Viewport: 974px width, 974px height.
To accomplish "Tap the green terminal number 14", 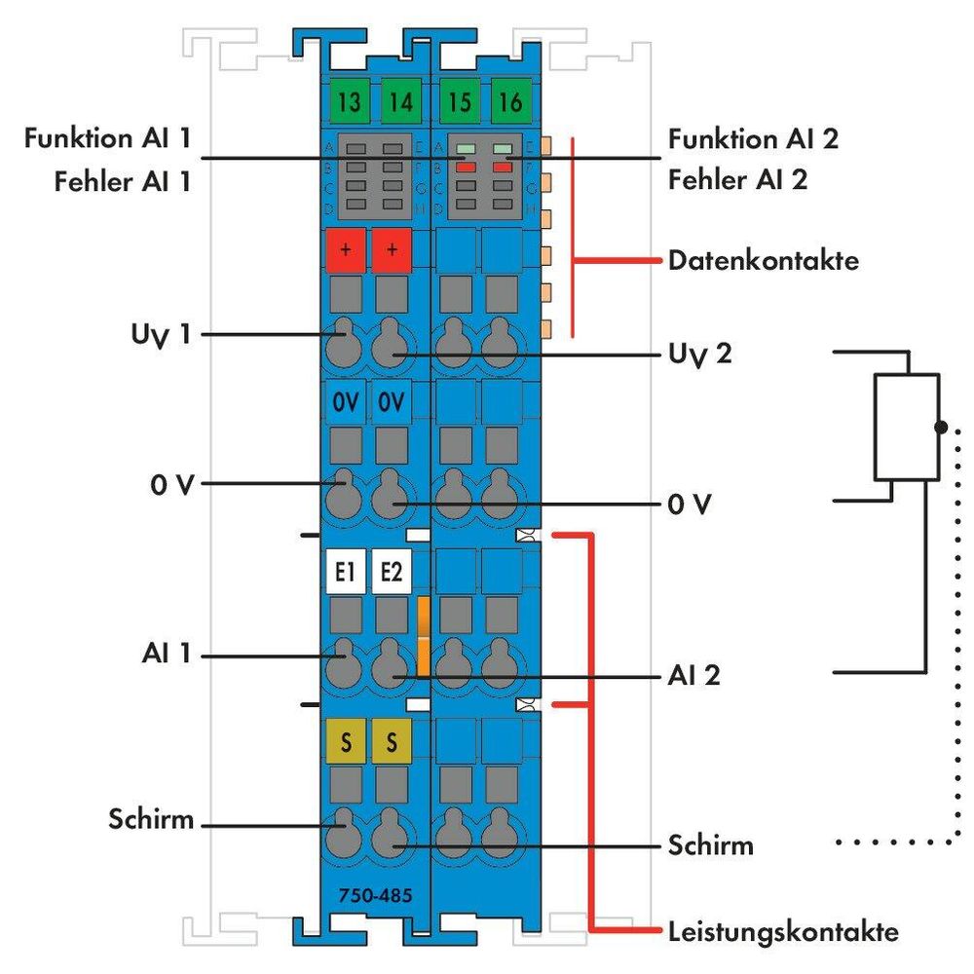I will tap(397, 100).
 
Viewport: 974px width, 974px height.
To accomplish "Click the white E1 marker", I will tap(343, 574).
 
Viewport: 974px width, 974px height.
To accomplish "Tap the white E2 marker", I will tap(392, 574).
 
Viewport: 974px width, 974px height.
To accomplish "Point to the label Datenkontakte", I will tap(764, 261).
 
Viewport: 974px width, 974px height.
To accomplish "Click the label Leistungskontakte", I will tap(783, 931).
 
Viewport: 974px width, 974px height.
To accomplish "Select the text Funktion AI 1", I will tap(108, 139).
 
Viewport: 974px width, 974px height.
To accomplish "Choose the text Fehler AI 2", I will tap(737, 180).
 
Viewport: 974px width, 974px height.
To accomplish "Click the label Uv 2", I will tap(700, 354).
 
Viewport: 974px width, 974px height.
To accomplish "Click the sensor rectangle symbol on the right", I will tap(906, 427).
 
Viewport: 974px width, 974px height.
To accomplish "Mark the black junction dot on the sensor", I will tap(940, 427).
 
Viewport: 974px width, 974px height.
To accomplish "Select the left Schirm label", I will tap(151, 821).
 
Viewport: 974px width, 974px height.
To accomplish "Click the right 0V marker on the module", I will tap(393, 401).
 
